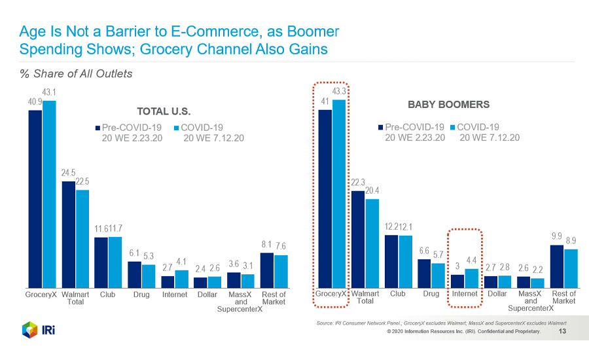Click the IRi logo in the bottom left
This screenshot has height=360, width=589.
point(38,329)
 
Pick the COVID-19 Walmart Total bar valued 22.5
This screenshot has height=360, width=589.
point(82,238)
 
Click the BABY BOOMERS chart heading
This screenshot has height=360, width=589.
point(448,104)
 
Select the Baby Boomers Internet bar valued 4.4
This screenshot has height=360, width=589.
point(471,278)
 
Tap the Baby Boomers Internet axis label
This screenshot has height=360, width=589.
point(465,294)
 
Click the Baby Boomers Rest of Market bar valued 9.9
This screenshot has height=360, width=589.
point(557,266)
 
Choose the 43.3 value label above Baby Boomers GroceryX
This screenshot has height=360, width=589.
point(339,90)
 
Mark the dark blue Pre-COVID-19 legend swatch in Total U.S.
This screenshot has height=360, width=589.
point(98,128)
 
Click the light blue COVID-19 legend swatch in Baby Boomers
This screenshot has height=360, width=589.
point(451,127)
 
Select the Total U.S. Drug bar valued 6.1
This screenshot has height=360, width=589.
point(134,274)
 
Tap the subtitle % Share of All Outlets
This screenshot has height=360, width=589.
point(76,73)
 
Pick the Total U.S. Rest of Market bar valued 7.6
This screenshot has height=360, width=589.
point(280,271)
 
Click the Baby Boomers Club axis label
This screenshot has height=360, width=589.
point(398,294)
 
